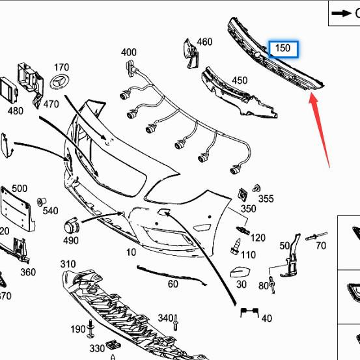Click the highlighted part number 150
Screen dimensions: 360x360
tap(283, 49)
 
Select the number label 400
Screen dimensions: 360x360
tap(129, 52)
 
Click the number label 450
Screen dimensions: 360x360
tap(240, 80)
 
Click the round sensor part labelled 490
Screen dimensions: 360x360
tap(70, 227)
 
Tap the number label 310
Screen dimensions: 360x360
tap(68, 264)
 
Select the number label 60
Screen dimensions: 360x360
tap(173, 284)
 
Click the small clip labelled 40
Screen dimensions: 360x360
tap(246, 313)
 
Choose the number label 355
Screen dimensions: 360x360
tap(266, 198)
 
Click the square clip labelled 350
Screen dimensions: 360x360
tap(244, 194)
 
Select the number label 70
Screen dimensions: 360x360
tap(320, 245)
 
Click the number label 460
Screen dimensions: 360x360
tap(204, 42)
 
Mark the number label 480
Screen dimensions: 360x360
tap(16, 111)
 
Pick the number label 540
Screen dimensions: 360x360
tap(50, 211)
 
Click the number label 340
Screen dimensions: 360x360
tap(165, 318)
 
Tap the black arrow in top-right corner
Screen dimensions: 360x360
tap(341, 12)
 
